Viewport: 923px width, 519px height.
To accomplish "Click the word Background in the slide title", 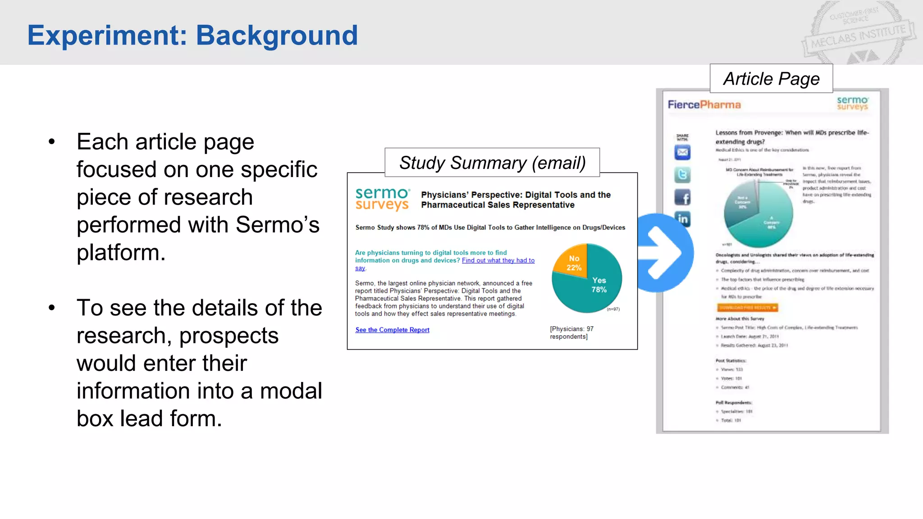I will pos(277,35).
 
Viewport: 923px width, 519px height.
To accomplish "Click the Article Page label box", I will pos(771,79).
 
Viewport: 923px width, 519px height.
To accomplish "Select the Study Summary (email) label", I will pos(492,163).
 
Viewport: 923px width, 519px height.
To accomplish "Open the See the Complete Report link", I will pos(392,330).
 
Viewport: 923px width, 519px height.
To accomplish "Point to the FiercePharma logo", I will pos(704,105).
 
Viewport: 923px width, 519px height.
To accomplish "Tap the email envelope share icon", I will pos(682,153).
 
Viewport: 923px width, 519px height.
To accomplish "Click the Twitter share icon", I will pos(682,175).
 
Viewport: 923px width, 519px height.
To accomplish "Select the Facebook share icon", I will pos(682,197).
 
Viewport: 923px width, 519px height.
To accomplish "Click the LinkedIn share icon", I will pos(683,219).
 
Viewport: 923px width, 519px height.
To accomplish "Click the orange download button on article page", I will pos(747,308).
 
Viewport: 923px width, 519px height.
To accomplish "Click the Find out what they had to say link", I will pos(498,260).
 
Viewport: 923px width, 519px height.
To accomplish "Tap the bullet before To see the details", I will pos(52,308).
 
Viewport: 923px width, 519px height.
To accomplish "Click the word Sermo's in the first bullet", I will pos(277,224).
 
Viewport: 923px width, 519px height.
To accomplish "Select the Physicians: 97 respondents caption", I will pos(571,332).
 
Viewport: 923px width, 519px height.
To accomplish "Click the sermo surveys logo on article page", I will pos(852,103).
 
